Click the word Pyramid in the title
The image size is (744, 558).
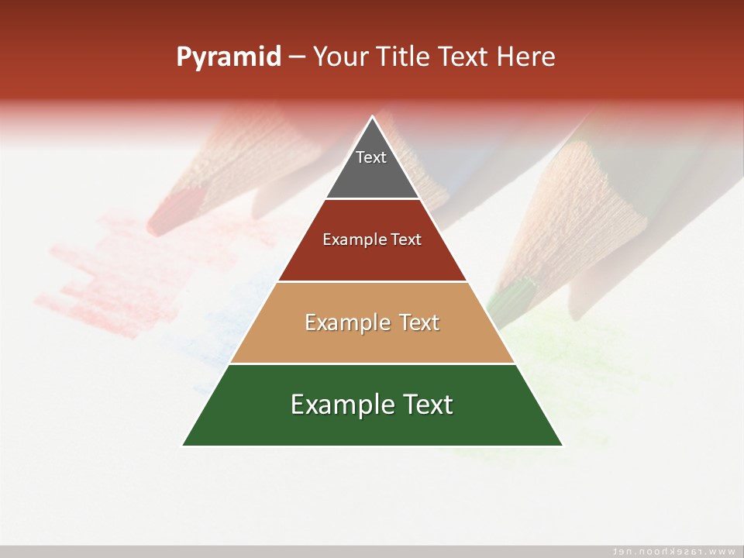[229, 57]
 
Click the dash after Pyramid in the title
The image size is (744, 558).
[297, 57]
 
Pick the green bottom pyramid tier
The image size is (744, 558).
[372, 426]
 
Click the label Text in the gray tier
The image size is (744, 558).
[371, 157]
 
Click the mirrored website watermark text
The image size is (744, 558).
[673, 551]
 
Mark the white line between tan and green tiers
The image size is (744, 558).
[372, 363]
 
